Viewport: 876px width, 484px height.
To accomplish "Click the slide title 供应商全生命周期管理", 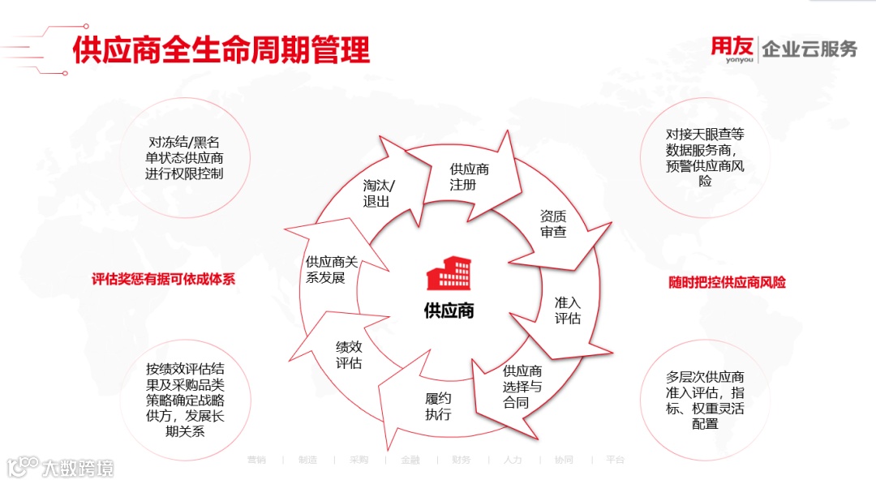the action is pos(221,49).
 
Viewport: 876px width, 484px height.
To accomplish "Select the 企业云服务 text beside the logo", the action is pos(809,49).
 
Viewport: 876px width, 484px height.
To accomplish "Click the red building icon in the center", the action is pos(449,274).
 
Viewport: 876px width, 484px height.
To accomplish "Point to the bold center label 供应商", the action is pos(449,311).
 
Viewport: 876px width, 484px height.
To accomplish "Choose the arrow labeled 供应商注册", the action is pos(470,176).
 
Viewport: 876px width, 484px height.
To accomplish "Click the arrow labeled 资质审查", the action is pos(553,225).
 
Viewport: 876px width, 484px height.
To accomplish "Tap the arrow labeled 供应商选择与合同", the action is pos(521,386).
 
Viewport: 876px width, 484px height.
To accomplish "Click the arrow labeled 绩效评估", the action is pos(349,354).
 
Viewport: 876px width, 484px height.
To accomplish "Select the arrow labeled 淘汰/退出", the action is pos(379,192).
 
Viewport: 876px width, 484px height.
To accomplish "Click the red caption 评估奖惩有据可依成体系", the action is pos(163,279).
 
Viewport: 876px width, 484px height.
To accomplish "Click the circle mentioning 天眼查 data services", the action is pos(704,156).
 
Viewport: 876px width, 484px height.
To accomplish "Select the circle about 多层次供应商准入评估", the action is pos(704,399).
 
